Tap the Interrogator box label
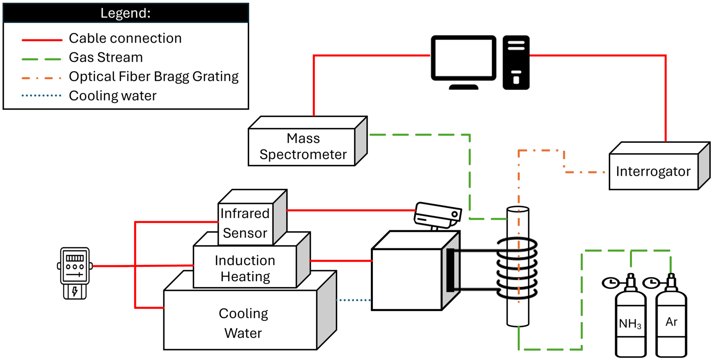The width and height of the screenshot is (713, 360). (653, 171)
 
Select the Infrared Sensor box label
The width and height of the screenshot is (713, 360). (245, 223)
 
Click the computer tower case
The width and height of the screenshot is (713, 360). (516, 62)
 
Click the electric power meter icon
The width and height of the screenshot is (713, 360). (75, 273)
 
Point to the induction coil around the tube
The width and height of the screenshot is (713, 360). (517, 268)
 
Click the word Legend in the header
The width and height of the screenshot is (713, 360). (125, 13)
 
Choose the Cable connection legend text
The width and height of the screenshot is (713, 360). (125, 38)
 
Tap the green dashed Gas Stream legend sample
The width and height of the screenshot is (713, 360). (42, 59)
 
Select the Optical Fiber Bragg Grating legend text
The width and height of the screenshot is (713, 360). (154, 77)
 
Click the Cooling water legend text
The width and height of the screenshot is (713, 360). (112, 96)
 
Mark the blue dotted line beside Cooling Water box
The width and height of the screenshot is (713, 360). (353, 300)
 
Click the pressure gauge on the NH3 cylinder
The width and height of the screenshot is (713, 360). (610, 283)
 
